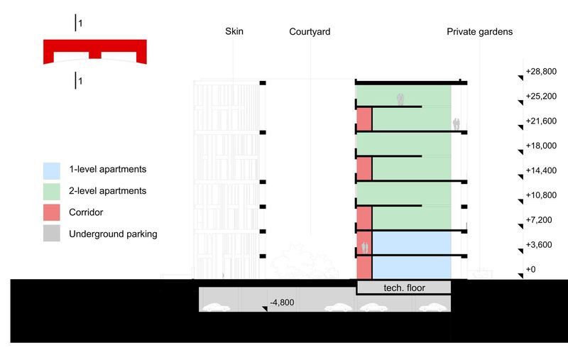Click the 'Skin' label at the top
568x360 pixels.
(234, 31)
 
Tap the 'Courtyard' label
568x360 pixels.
(310, 32)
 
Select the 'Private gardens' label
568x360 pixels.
(480, 32)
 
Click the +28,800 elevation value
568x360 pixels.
(541, 71)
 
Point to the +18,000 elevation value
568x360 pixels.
(541, 146)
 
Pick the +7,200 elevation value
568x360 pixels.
(539, 220)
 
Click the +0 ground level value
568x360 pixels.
(530, 269)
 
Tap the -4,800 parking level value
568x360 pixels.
(282, 302)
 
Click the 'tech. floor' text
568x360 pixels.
(404, 288)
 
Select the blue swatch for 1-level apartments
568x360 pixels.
(52, 171)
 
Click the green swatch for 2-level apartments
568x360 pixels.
(52, 192)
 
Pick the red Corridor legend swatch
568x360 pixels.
(52, 212)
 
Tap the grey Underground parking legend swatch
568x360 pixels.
(52, 233)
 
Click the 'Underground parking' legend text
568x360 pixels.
(113, 234)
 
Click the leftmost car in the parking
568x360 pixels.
(216, 307)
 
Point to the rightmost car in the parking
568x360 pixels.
(433, 307)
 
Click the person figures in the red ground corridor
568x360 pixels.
(365, 248)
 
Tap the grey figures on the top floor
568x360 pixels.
(400, 99)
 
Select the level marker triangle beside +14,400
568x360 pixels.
(521, 177)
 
